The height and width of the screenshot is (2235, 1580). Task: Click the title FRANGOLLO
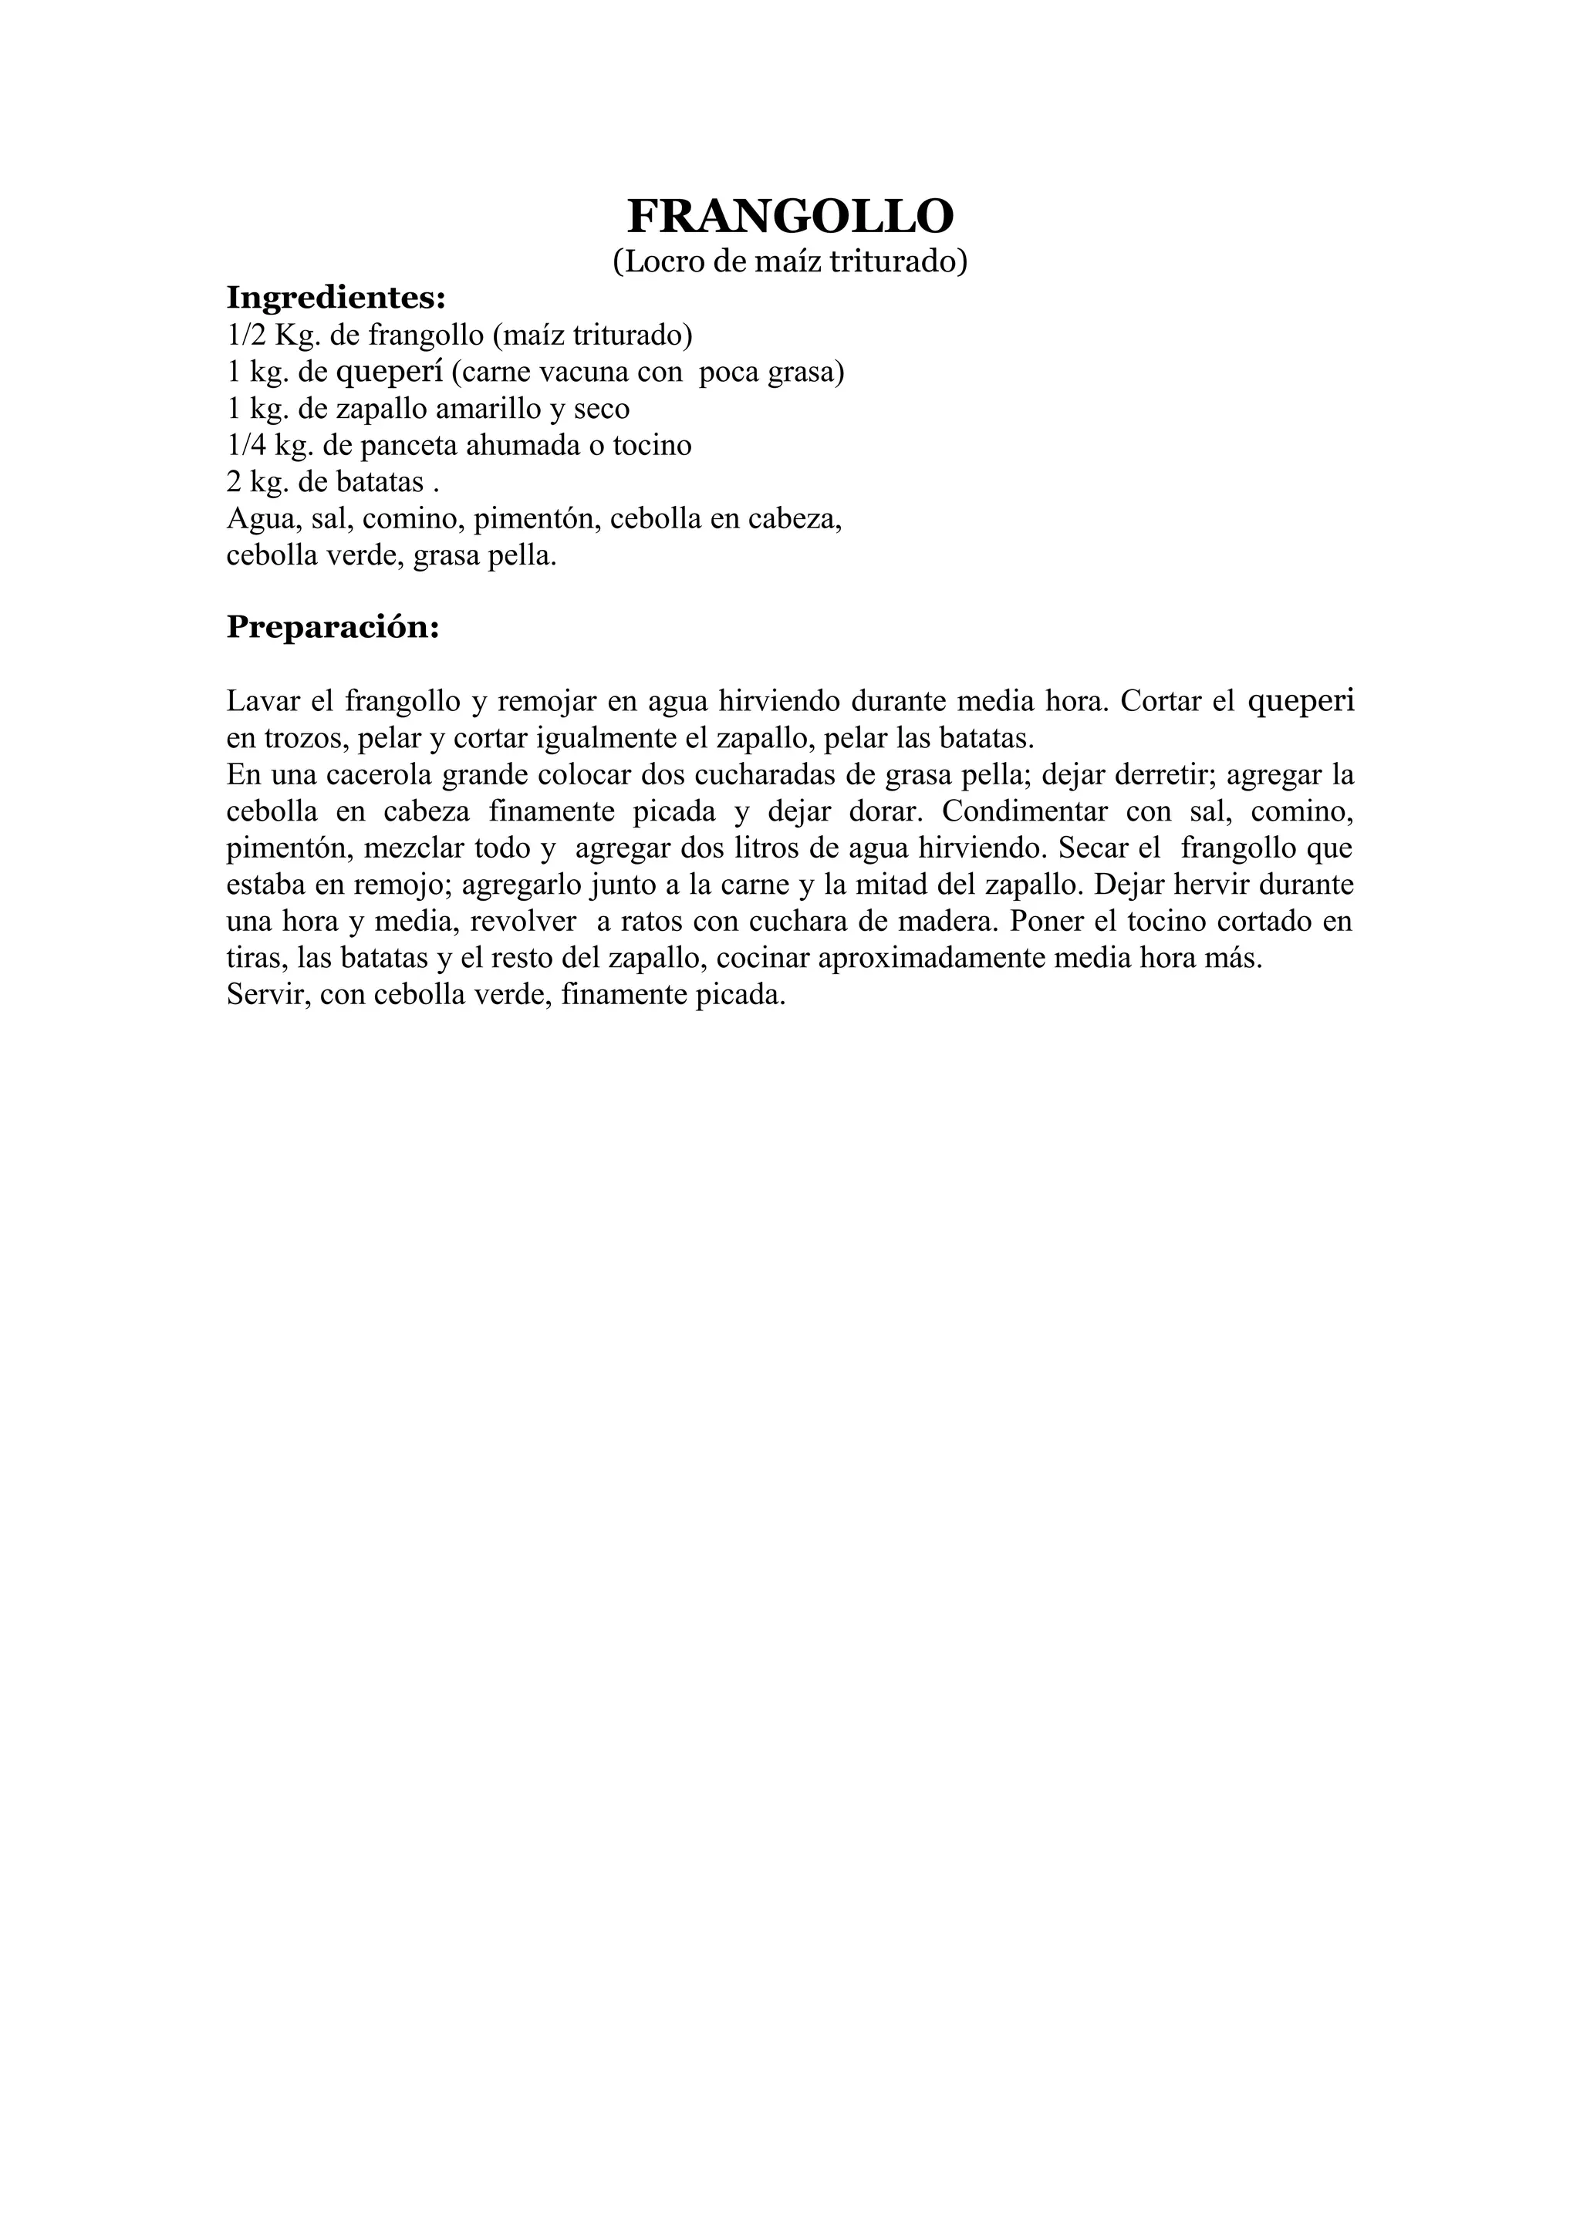coord(789,216)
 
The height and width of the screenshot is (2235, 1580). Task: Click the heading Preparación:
coord(333,627)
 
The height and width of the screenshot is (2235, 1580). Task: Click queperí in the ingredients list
coord(390,372)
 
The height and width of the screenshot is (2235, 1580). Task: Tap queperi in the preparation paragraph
coord(1301,701)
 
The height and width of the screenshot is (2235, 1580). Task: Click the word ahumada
coord(535,446)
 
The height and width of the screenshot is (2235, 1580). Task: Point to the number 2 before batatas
coord(235,483)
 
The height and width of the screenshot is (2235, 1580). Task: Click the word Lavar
coord(258,701)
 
